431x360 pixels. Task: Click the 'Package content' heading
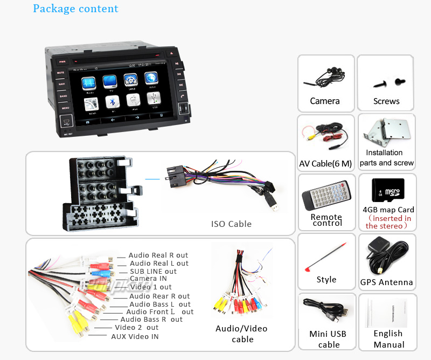[x=75, y=9]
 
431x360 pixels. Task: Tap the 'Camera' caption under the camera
[x=325, y=101]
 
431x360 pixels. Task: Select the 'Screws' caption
[x=386, y=101]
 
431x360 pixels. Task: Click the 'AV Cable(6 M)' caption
[x=325, y=163]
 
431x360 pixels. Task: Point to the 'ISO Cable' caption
[x=231, y=224]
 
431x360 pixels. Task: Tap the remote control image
[x=325, y=193]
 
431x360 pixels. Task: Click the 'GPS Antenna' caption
[x=386, y=282]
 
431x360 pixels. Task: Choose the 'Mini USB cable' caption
[x=328, y=339]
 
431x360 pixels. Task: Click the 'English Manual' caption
[x=388, y=339]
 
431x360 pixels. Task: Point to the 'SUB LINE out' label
[x=153, y=271]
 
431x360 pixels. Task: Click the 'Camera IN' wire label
[x=148, y=278]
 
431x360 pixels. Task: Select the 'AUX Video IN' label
[x=135, y=336]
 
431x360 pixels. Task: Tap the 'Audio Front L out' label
[x=159, y=311]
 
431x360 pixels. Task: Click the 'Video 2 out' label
[x=136, y=327]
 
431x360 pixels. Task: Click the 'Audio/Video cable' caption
[x=242, y=334]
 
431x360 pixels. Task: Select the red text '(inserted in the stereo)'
[x=388, y=222]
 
